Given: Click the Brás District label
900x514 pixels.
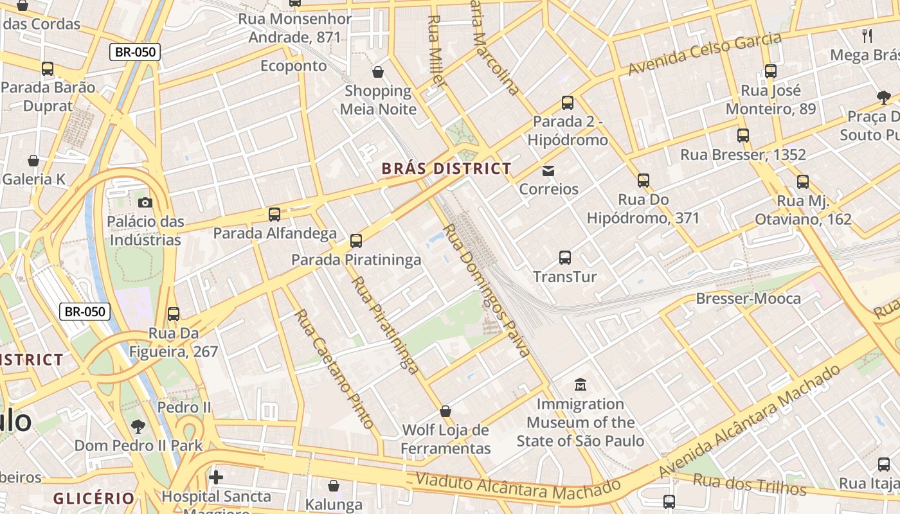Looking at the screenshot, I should click(x=447, y=169).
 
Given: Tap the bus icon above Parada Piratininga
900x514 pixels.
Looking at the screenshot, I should click(x=355, y=241).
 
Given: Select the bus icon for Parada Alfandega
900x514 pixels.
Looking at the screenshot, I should click(x=274, y=214).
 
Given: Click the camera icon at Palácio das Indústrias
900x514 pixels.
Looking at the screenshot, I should click(x=145, y=202).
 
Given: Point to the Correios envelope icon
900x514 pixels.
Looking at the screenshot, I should click(x=548, y=170).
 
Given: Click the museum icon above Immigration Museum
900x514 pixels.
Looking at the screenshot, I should click(x=580, y=385).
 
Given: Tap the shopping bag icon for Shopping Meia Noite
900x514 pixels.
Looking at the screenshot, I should click(x=378, y=71).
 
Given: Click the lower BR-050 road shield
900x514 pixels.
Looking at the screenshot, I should click(x=85, y=312).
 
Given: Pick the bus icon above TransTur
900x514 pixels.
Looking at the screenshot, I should click(x=565, y=258).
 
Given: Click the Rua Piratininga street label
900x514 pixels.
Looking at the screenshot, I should click(x=385, y=324).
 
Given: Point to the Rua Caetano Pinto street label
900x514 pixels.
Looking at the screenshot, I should click(x=334, y=369).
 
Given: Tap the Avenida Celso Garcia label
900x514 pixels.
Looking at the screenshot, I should click(x=705, y=53).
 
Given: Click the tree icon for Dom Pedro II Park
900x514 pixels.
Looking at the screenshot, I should click(x=138, y=426).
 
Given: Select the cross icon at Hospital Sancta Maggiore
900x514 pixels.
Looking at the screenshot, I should click(x=216, y=477).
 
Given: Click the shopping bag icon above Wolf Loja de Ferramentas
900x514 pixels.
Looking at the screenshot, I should click(x=446, y=411).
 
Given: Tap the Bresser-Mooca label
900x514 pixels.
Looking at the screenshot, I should click(x=748, y=299).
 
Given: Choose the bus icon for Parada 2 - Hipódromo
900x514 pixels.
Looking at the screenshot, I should click(x=567, y=102).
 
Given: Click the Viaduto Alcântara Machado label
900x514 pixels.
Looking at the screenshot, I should click(x=517, y=486).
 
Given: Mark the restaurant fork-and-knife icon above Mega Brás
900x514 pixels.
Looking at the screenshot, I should click(x=867, y=35).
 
